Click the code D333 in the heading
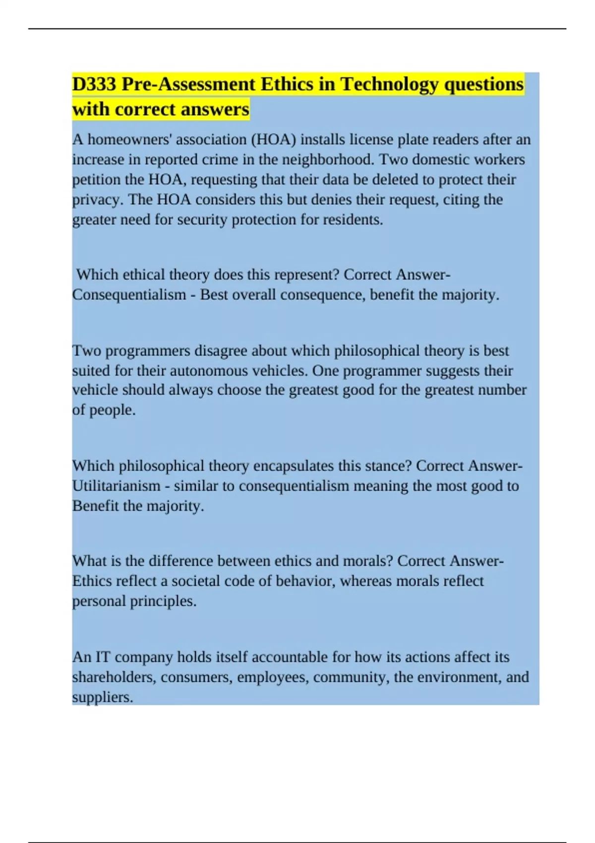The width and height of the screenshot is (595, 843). [94, 84]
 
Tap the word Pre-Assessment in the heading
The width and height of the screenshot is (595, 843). [188, 84]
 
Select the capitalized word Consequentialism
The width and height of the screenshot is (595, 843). [129, 295]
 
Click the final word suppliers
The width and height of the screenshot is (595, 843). [103, 697]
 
